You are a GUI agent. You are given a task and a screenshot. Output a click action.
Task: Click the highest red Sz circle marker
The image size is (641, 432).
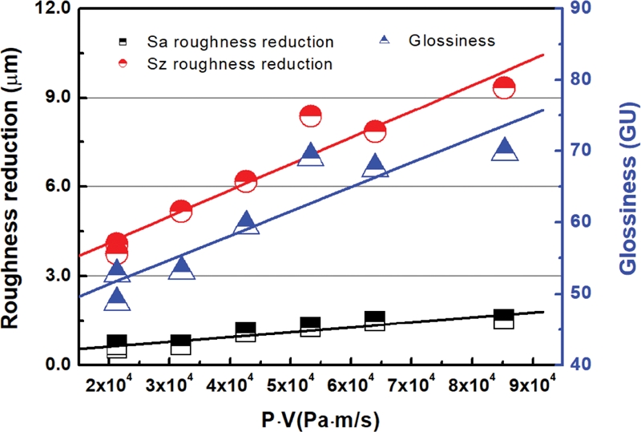pos(504,88)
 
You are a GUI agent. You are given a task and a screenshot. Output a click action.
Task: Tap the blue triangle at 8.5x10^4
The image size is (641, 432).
pos(504,149)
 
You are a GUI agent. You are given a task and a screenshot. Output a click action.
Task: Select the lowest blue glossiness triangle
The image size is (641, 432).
pos(117,300)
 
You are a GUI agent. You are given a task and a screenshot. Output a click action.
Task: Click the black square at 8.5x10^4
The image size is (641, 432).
pos(504,319)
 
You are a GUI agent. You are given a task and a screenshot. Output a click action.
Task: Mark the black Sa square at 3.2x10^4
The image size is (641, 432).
pos(181,345)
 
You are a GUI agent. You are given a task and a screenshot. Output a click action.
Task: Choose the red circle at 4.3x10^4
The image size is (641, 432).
pos(246,182)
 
